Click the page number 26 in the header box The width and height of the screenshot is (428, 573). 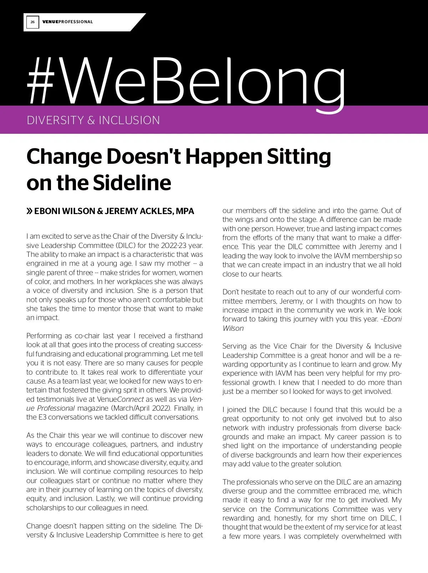click(32, 22)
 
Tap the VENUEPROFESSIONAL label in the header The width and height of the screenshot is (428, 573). click(67, 22)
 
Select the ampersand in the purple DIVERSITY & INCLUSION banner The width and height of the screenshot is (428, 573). click(91, 120)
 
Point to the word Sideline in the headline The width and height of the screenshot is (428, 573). click(132, 183)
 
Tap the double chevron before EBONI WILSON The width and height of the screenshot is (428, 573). click(30, 211)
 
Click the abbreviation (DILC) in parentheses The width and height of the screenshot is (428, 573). click(126, 245)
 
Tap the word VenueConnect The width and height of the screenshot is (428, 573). click(120, 399)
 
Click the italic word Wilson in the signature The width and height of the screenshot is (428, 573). click(233, 328)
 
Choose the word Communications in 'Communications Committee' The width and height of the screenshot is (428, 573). click(302, 509)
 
